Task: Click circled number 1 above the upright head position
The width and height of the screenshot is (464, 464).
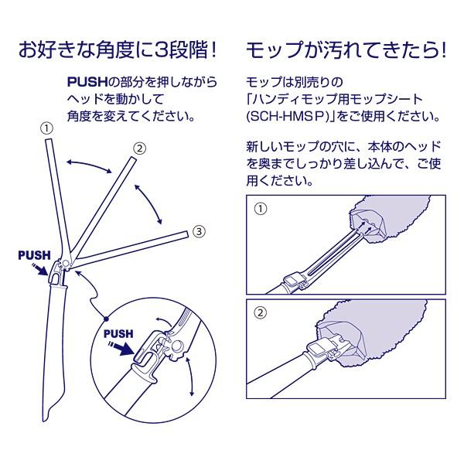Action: tap(46, 128)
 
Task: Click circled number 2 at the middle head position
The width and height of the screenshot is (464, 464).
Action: tap(139, 148)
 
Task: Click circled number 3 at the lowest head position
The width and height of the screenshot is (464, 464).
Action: tap(199, 231)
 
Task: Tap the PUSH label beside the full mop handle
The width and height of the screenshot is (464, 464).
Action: tap(34, 255)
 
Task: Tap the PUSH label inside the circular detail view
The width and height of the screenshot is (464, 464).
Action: tap(118, 334)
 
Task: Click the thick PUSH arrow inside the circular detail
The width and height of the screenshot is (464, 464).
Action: tap(121, 349)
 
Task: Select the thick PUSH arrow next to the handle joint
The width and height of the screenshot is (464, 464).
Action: tap(39, 268)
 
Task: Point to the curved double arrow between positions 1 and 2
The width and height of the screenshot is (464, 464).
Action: tap(89, 165)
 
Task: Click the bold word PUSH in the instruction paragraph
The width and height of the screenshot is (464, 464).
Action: tap(87, 82)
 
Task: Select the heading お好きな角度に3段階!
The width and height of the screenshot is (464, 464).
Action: tap(118, 49)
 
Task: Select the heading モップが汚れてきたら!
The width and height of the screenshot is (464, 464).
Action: tap(346, 49)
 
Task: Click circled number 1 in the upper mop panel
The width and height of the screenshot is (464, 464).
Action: tap(261, 209)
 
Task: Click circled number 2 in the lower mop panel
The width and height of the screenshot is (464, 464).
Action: tap(261, 312)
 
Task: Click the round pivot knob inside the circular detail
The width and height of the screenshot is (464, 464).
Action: tap(179, 346)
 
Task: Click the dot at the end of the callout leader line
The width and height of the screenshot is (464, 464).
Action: tap(106, 319)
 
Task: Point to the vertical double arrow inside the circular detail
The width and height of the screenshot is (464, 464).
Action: tap(190, 376)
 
